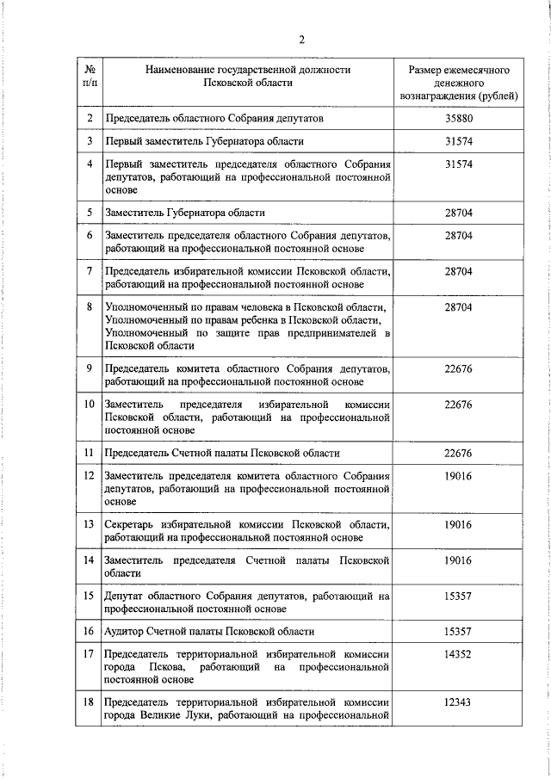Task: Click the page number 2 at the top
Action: (302, 39)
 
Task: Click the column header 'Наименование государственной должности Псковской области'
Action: (248, 76)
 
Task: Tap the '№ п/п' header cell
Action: (90, 76)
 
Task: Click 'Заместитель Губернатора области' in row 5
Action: (184, 212)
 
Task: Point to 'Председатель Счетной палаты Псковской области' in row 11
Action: (221, 453)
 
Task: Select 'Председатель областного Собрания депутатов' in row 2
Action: (214, 118)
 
